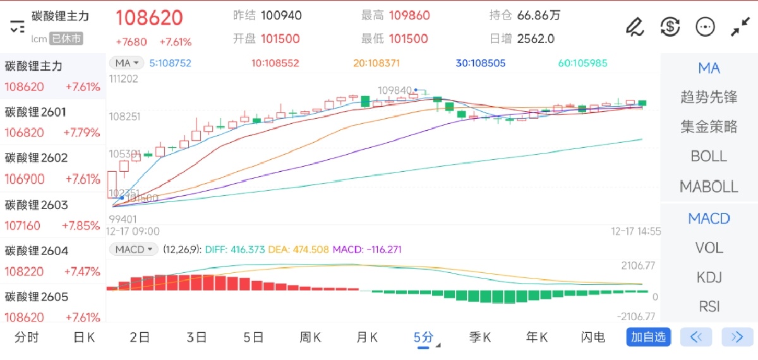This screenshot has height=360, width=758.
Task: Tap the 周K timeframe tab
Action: pyautogui.click(x=310, y=337)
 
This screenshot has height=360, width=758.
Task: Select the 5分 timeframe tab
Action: pyautogui.click(x=423, y=337)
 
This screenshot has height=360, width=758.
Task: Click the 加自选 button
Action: pyautogui.click(x=648, y=337)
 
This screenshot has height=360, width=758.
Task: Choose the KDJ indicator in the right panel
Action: pyautogui.click(x=709, y=277)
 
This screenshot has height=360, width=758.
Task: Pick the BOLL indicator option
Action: pyautogui.click(x=709, y=156)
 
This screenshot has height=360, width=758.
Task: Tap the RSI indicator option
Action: pyautogui.click(x=709, y=306)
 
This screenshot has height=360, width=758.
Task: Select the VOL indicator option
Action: pyautogui.click(x=709, y=248)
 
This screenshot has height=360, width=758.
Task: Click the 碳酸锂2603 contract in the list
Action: pyautogui.click(x=52, y=215)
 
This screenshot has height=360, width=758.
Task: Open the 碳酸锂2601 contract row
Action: pyautogui.click(x=52, y=122)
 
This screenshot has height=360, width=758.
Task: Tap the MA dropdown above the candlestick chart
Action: pyautogui.click(x=127, y=63)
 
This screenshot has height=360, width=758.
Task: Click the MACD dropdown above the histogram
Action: pyautogui.click(x=135, y=249)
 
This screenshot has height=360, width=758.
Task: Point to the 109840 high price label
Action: pyautogui.click(x=395, y=90)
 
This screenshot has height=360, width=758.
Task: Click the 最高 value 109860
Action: pyautogui.click(x=409, y=15)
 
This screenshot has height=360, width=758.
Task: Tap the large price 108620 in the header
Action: pyautogui.click(x=149, y=18)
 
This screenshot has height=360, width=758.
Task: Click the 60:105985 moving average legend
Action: pyautogui.click(x=582, y=63)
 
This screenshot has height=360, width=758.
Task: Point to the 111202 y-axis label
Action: pyautogui.click(x=124, y=79)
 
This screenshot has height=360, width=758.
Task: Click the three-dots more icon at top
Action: pyautogui.click(x=705, y=27)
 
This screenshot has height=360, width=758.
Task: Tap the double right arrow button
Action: pyautogui.click(x=737, y=337)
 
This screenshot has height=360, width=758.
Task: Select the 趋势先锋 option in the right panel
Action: pyautogui.click(x=709, y=97)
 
